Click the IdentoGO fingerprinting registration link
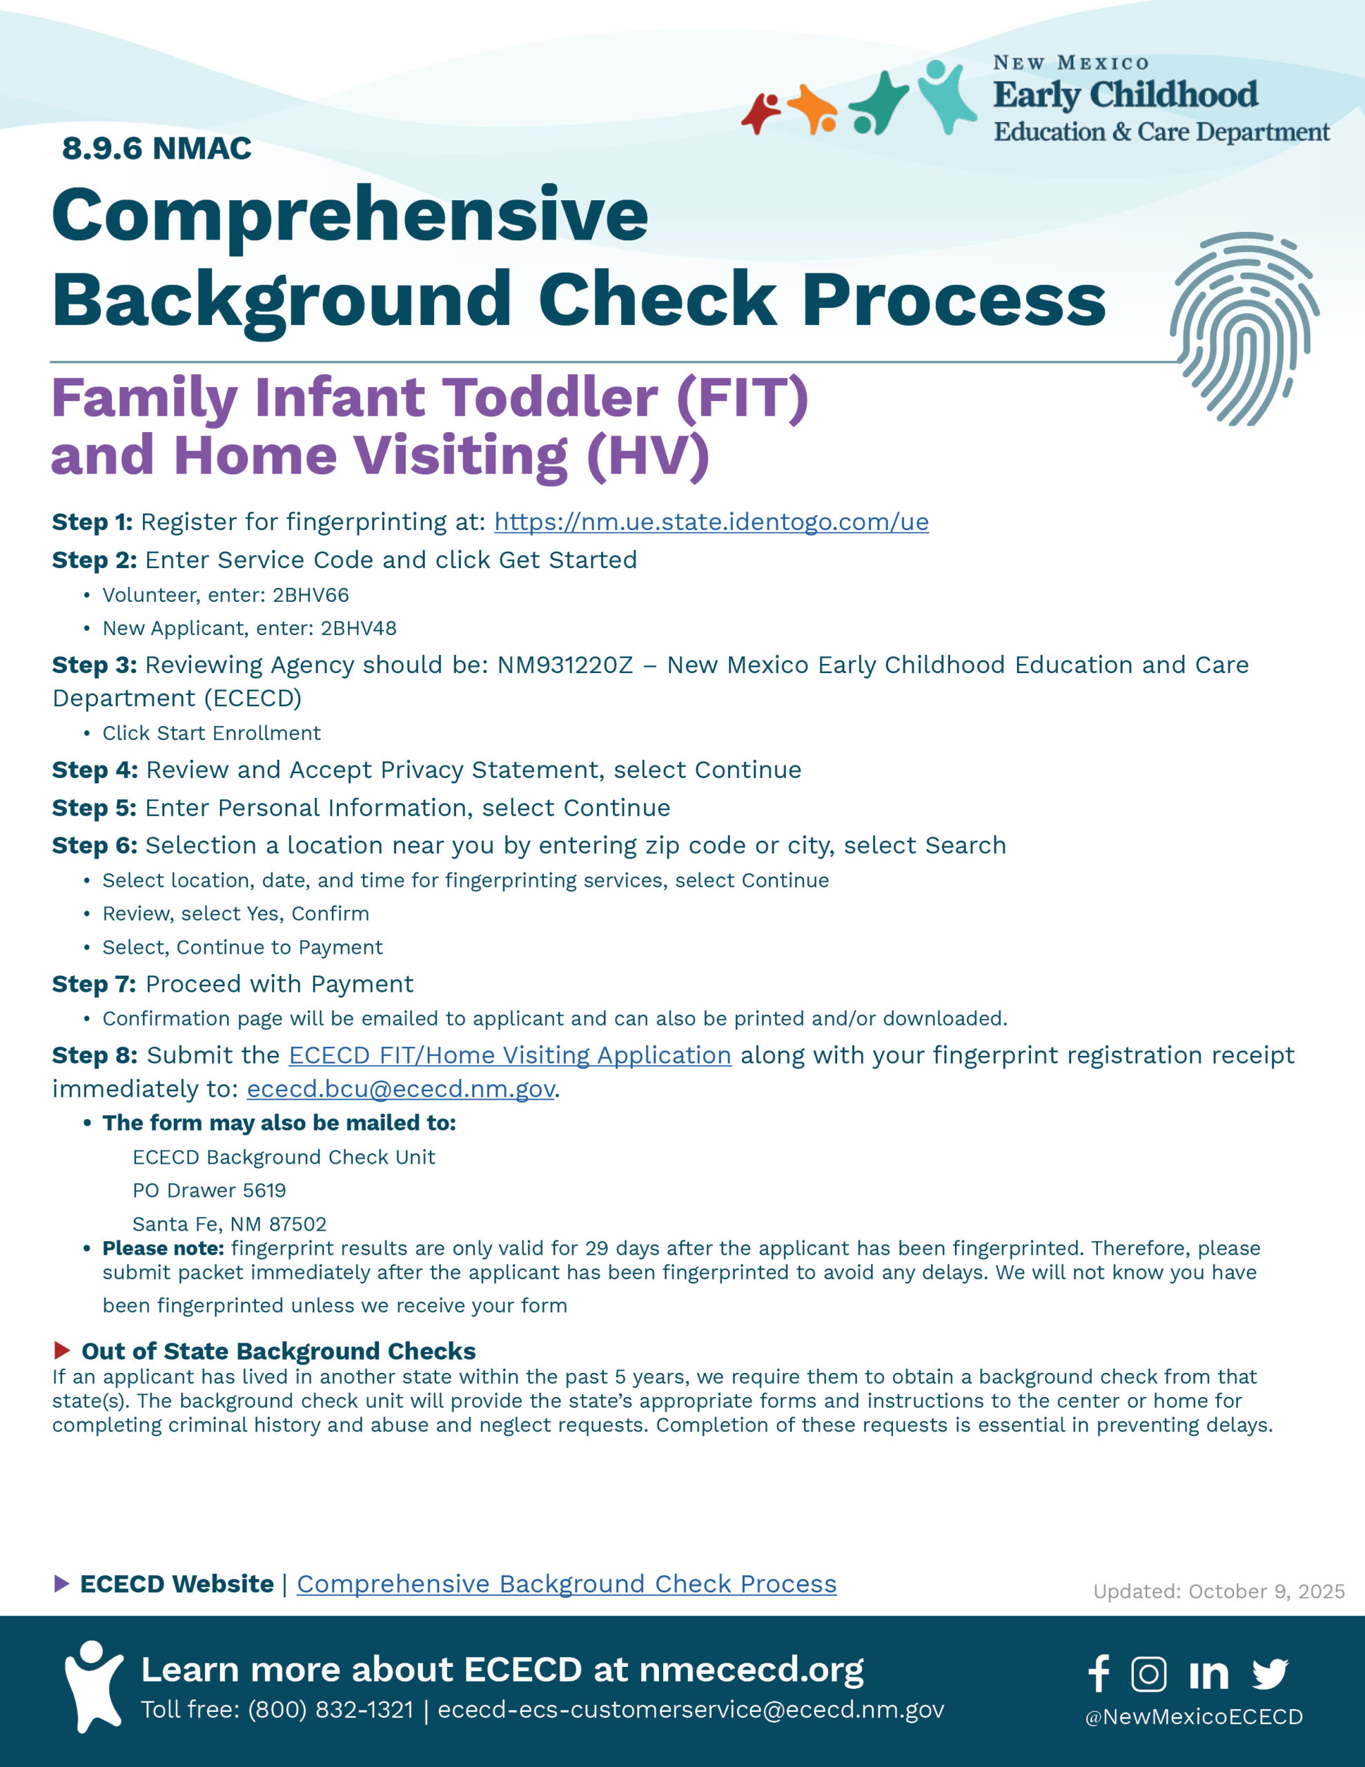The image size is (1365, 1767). [711, 522]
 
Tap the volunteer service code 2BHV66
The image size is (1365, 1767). [311, 596]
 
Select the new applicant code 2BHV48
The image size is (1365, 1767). [358, 629]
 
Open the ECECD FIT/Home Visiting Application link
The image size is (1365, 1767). [510, 1056]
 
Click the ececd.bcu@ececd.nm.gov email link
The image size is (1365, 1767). [400, 1090]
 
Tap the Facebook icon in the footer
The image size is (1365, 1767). [1098, 1673]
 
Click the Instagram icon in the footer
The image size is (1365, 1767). [1148, 1674]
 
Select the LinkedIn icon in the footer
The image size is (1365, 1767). [1209, 1675]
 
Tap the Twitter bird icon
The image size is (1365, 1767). [1270, 1674]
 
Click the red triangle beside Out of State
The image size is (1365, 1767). [61, 1350]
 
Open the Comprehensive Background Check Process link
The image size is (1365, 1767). [567, 1584]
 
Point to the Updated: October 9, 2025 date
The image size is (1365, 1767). [1219, 1592]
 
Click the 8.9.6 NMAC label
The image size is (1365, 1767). [157, 149]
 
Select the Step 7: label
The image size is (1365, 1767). [94, 985]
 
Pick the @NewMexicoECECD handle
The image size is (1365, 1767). [1193, 1717]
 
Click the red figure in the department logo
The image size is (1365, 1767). [761, 113]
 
